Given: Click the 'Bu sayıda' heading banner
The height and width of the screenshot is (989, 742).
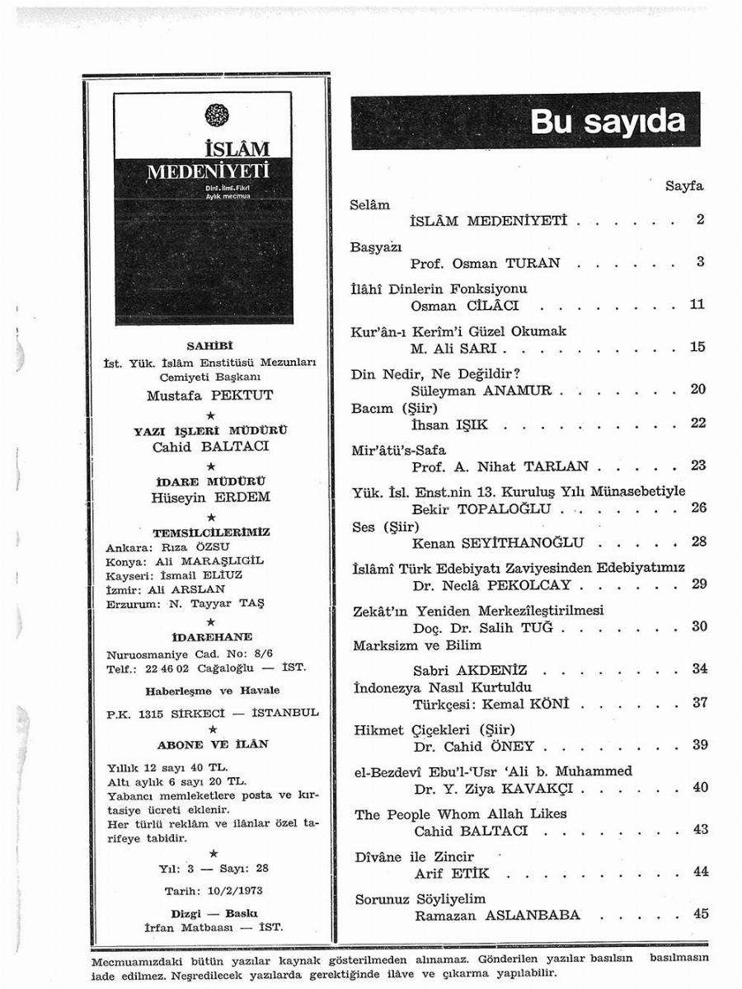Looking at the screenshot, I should (x=525, y=120).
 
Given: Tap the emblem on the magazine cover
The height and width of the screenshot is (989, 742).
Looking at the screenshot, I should (x=212, y=115).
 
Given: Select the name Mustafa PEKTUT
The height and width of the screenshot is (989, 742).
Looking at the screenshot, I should (x=209, y=395).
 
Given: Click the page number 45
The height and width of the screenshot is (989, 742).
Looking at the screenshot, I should (x=701, y=914).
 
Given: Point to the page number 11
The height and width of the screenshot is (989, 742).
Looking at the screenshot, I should (x=697, y=305).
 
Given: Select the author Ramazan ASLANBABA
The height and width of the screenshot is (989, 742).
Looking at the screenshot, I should (x=497, y=915).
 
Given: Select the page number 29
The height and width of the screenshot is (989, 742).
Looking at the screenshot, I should (x=700, y=584).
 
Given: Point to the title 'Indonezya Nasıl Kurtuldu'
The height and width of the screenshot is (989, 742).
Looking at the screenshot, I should (x=442, y=687).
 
